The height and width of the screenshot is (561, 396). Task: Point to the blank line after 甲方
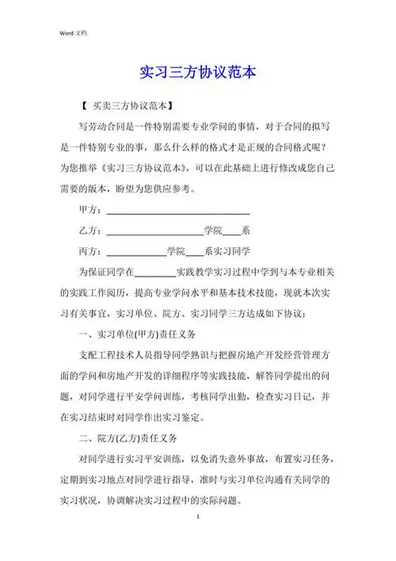pyautogui.click(x=177, y=211)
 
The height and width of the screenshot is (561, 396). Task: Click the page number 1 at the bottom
pyautogui.click(x=197, y=515)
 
